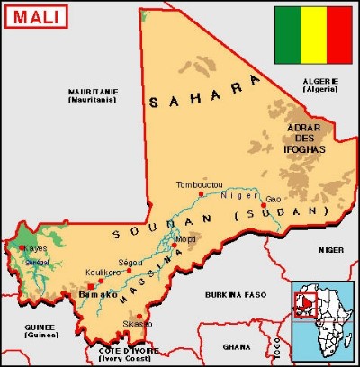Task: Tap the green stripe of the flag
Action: coord(288,29)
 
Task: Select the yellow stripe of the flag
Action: coord(313,29)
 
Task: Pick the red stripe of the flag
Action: coord(339,29)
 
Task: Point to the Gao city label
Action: coord(274,198)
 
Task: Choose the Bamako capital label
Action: coord(99,294)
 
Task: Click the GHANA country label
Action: coord(237,346)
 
